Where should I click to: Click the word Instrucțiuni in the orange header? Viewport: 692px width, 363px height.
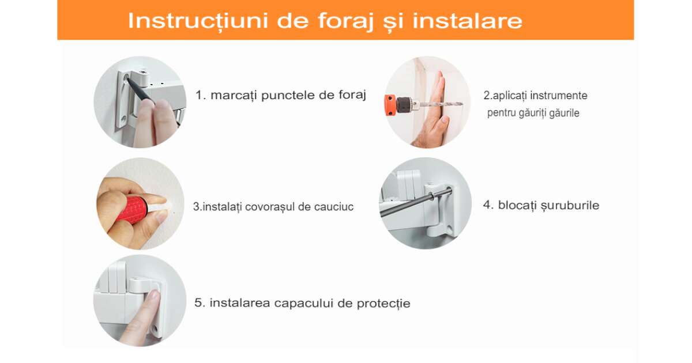(197, 21)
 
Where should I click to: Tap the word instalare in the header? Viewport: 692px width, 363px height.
(468, 21)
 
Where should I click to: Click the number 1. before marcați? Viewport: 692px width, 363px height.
(201, 95)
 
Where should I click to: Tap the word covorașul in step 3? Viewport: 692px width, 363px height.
(270, 206)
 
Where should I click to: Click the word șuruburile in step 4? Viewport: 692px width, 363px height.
(570, 206)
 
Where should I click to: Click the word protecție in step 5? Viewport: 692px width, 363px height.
(383, 304)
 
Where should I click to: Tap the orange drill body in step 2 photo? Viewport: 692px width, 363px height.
(390, 105)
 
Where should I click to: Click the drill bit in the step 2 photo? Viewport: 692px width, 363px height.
(440, 104)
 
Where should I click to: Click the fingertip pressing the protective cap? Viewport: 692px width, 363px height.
(153, 297)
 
